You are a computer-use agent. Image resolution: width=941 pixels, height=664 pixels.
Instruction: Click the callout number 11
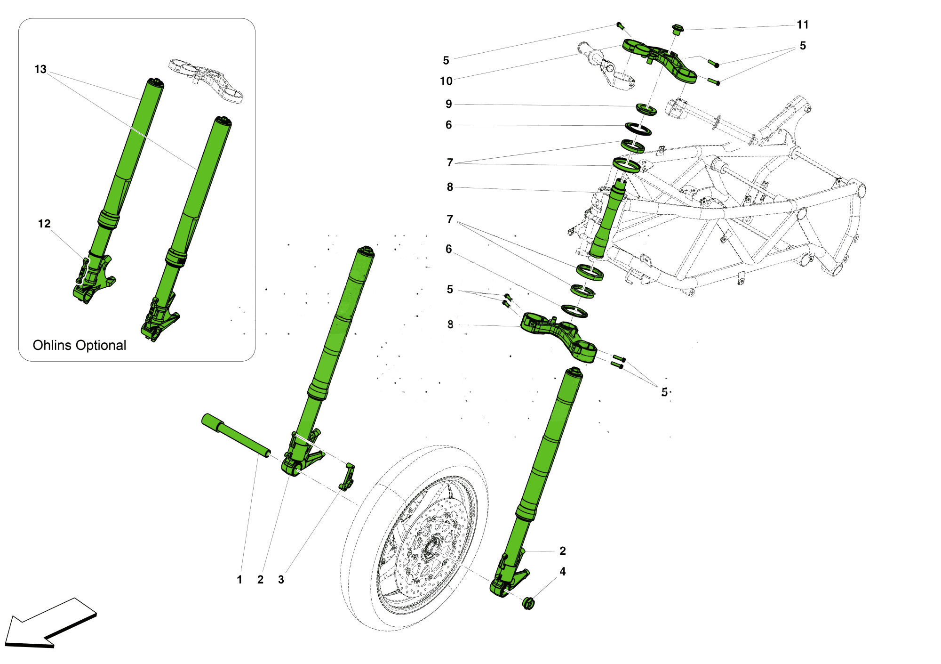pos(803,25)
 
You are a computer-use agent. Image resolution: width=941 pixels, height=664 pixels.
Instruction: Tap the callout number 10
pos(446,81)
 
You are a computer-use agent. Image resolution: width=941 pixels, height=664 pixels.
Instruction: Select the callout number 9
pos(448,104)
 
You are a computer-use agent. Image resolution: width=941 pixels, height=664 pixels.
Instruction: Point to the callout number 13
pos(40,70)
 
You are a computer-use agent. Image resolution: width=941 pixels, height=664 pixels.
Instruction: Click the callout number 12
pos(44,224)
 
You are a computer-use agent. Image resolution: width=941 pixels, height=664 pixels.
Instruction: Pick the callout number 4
pos(562,572)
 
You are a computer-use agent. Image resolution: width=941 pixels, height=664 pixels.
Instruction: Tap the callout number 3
pos(281,580)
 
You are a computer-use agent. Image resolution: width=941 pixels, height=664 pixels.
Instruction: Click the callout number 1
pos(239,580)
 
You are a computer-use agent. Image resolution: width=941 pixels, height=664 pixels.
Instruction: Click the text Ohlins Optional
pos(80,345)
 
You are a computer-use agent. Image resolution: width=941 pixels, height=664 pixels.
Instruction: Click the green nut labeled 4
pos(528,603)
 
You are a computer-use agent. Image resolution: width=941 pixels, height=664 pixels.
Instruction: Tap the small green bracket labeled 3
pos(347,477)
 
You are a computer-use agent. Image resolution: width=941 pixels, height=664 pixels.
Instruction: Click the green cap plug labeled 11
pos(677,29)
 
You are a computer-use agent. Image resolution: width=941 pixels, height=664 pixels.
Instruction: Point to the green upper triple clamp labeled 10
pos(659,59)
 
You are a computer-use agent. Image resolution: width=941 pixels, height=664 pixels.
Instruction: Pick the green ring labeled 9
pos(646,109)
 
